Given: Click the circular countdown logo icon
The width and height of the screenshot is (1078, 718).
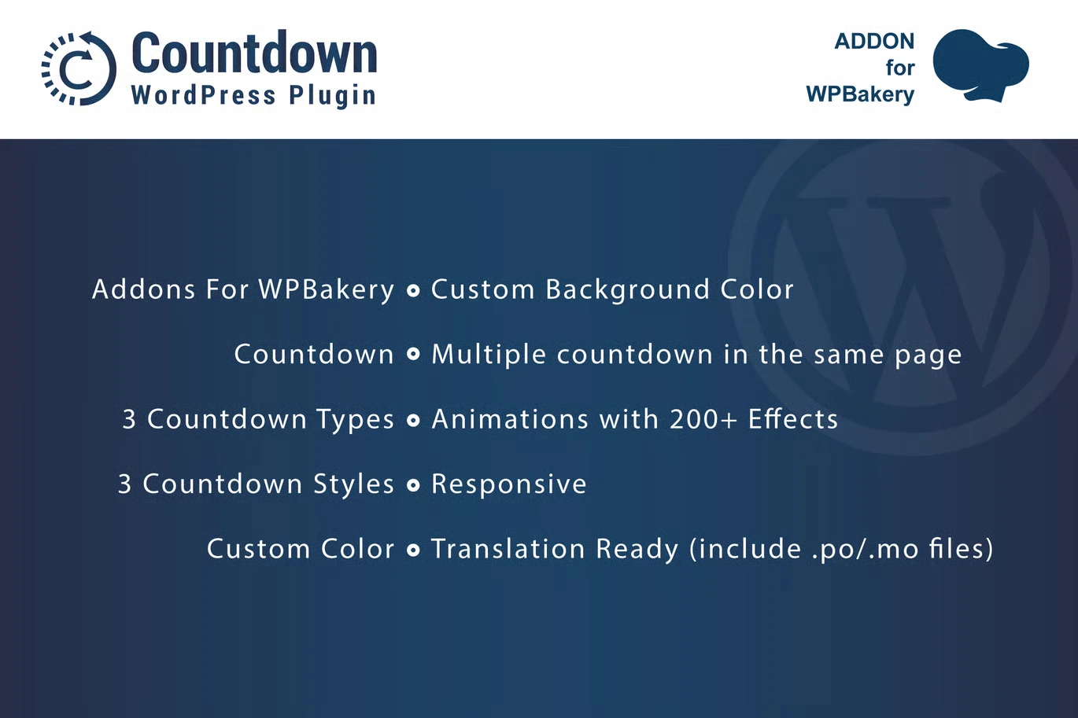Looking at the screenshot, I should (78, 68).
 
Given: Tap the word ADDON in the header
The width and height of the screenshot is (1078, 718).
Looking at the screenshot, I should (874, 41).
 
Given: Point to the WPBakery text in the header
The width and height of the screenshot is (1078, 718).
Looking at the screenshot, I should (860, 94).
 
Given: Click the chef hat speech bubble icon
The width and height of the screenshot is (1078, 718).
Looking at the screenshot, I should (980, 65).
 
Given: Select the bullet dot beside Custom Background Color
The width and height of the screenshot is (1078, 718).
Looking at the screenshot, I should (413, 291).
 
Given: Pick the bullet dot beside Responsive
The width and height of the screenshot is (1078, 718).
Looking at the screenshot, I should (413, 485).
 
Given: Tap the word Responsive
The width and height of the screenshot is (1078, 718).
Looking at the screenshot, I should (508, 484).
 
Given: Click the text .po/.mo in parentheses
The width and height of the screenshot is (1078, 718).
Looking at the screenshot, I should (865, 549).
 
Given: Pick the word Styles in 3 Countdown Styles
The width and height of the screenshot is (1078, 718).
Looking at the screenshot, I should (353, 484).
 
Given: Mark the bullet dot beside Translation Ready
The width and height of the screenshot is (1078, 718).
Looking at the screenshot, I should (413, 550).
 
